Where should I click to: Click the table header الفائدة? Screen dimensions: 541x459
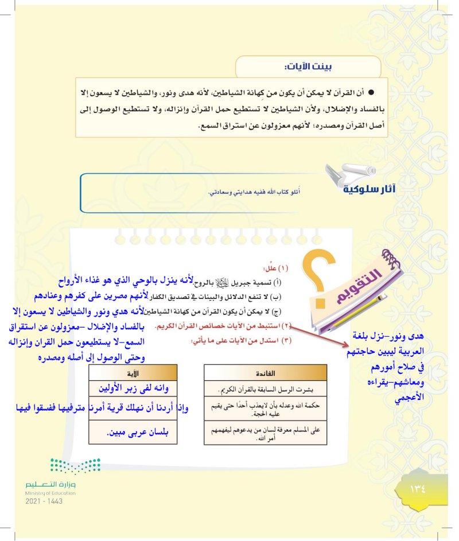[x=266, y=372]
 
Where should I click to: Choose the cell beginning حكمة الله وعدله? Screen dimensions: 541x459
[x=266, y=410]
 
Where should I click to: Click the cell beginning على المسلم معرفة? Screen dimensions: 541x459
[x=266, y=433]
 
